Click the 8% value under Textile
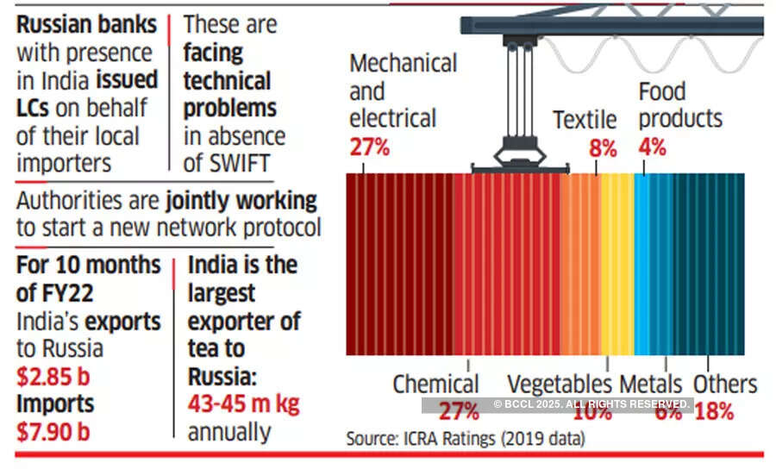[x=603, y=148]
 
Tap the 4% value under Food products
[x=652, y=147]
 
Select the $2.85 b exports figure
[x=53, y=376]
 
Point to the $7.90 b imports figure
[x=53, y=430]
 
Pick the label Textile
[x=585, y=120]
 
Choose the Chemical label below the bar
[x=435, y=385]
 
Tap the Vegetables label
[x=560, y=385]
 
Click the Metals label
[x=651, y=385]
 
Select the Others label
[x=725, y=385]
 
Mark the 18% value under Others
[x=714, y=411]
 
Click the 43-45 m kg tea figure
[x=243, y=404]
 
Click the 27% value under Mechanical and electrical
[x=371, y=147]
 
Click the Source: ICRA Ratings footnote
[x=466, y=439]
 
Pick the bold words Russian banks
[x=86, y=24]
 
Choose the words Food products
[x=679, y=104]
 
